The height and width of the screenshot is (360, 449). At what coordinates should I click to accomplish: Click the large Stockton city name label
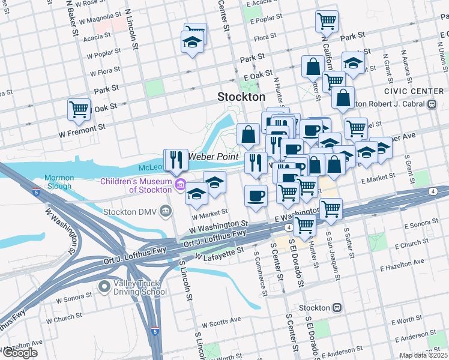click(x=241, y=97)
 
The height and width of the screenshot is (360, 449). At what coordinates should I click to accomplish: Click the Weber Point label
click(x=210, y=157)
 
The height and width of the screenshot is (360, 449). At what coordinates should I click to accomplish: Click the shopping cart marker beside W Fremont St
click(x=79, y=110)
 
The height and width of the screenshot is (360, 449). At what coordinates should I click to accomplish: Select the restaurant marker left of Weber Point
click(x=176, y=160)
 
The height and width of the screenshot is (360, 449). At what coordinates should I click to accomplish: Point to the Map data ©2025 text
click(x=423, y=355)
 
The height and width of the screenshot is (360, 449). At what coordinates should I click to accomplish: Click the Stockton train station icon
click(x=337, y=308)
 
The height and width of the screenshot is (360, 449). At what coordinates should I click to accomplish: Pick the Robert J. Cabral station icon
click(x=432, y=103)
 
